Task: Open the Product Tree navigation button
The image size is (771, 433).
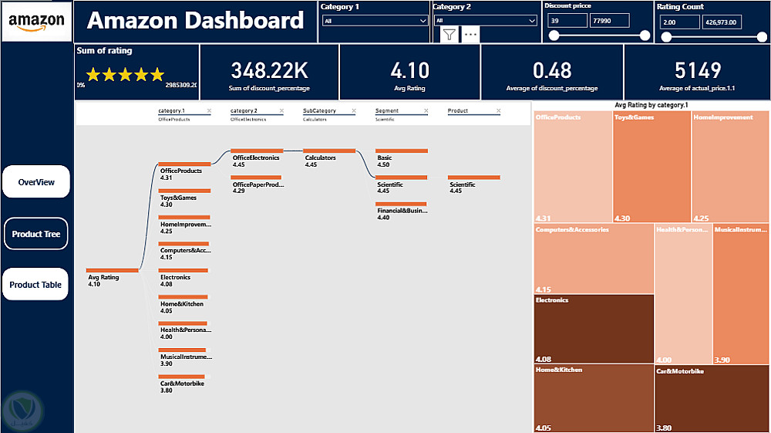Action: [x=36, y=234]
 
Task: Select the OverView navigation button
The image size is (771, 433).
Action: [x=36, y=182]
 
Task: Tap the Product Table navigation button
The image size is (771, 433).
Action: [x=36, y=285]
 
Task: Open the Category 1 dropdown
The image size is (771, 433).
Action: [x=375, y=21]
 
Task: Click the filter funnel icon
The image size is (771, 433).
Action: [x=449, y=34]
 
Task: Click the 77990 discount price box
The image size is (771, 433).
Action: [x=609, y=21]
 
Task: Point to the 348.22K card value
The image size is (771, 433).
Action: [x=269, y=70]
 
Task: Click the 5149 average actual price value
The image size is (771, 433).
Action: [x=697, y=70]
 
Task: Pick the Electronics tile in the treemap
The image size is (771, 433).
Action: [x=594, y=329]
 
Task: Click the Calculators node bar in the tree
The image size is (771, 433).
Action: [x=329, y=151]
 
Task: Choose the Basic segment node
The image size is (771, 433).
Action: [x=401, y=151]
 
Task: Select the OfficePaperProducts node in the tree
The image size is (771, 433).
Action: [x=257, y=178]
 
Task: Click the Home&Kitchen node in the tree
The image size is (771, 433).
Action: [x=183, y=297]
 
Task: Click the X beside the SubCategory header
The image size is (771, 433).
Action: [x=353, y=111]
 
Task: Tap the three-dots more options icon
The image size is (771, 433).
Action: [x=470, y=34]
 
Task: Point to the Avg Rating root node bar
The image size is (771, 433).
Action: [x=113, y=270]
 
